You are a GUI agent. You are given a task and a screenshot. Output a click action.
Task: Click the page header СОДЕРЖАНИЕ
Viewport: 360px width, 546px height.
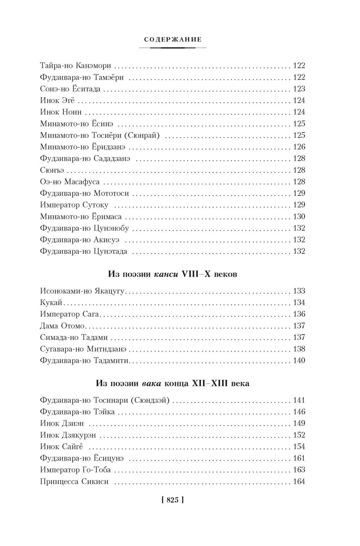[x=173, y=40]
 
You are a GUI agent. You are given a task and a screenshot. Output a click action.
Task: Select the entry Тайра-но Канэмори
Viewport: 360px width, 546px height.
[x=75, y=66]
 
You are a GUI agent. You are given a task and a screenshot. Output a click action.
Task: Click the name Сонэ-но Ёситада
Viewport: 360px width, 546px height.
[x=70, y=89]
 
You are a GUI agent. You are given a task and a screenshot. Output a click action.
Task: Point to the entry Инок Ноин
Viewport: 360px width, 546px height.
[x=61, y=112]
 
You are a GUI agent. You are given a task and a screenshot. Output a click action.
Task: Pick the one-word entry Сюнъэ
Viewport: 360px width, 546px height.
[x=52, y=170]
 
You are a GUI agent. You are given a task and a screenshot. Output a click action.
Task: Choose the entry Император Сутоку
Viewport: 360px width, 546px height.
[x=74, y=205]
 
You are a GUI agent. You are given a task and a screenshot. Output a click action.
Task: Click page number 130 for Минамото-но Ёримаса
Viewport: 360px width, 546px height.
[x=299, y=217]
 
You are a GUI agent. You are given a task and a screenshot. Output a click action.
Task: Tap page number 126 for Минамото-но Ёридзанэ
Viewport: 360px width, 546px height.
[x=299, y=147]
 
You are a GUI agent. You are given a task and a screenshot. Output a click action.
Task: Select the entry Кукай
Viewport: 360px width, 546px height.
[x=51, y=303]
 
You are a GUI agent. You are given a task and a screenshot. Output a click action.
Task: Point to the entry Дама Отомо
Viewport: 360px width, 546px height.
[x=62, y=326]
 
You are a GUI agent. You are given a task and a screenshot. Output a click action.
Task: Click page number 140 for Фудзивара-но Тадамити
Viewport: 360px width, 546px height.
[x=299, y=361]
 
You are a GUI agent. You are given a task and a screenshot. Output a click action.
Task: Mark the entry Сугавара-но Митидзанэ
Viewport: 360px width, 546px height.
[x=83, y=349]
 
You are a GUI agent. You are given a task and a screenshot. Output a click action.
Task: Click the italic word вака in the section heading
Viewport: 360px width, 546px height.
[x=152, y=383]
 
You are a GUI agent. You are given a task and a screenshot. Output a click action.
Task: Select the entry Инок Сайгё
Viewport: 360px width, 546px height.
[x=62, y=447]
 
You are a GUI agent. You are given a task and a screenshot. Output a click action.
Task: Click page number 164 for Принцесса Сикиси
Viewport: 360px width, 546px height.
[x=299, y=482]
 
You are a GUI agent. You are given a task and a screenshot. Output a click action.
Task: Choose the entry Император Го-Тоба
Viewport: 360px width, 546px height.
[x=75, y=470]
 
